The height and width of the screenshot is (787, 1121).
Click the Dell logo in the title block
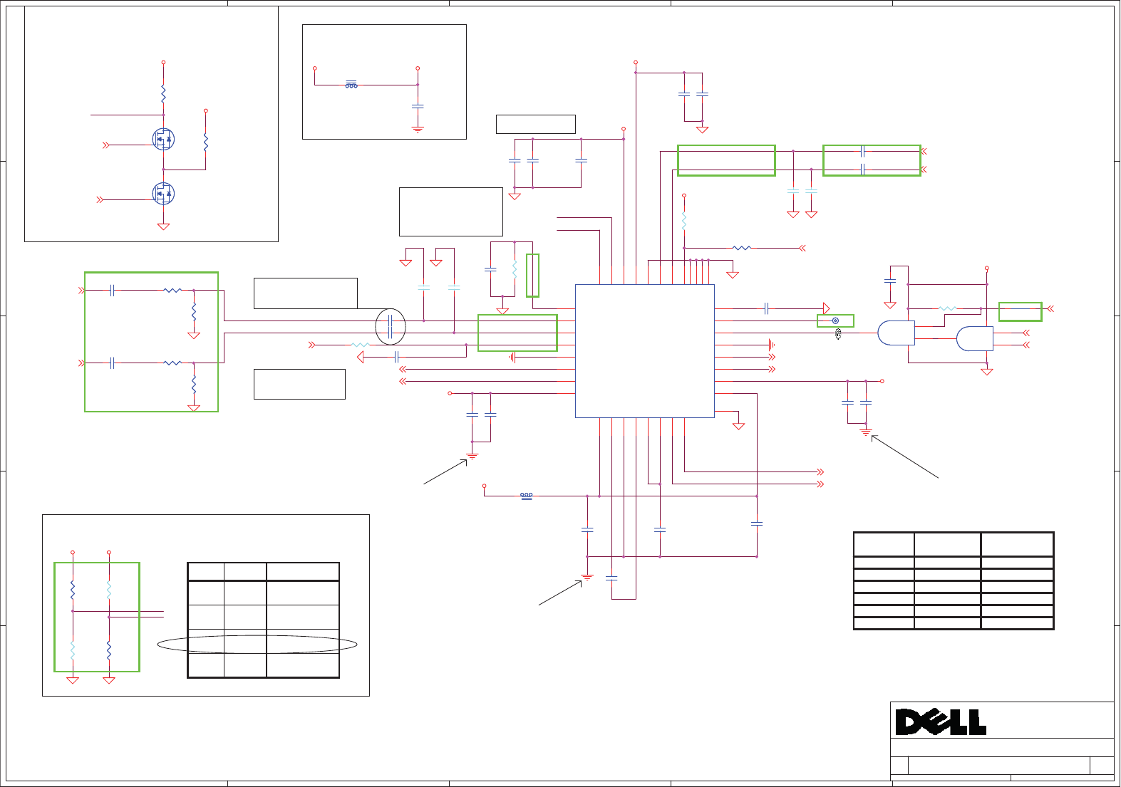[x=941, y=722]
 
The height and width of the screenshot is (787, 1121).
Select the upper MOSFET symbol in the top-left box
[x=163, y=139]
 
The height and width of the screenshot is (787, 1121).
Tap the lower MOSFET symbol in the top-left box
[x=163, y=193]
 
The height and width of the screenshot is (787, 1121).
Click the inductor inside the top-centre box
[x=351, y=85]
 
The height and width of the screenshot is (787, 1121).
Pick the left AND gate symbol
[x=896, y=333]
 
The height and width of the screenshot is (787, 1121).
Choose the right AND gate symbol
[x=974, y=339]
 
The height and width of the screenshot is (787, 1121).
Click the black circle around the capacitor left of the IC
[x=391, y=327]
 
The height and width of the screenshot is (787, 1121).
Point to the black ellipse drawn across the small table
[x=257, y=645]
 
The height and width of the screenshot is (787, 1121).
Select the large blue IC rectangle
[x=644, y=351]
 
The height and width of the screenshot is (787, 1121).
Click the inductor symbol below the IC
[x=526, y=496]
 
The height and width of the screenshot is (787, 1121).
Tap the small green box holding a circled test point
[x=835, y=320]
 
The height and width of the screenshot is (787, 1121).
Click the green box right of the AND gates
[x=1020, y=311]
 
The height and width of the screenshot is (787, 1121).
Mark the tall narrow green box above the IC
[x=532, y=275]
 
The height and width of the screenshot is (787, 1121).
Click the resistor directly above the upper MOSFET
[x=163, y=93]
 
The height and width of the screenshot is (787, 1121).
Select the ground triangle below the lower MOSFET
[x=163, y=226]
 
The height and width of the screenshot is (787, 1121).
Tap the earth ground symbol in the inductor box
[x=418, y=130]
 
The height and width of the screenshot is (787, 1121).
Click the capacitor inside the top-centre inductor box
[x=418, y=106]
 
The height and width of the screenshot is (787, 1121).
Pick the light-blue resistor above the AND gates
[x=947, y=308]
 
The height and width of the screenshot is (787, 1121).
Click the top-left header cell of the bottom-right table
[x=884, y=544]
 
